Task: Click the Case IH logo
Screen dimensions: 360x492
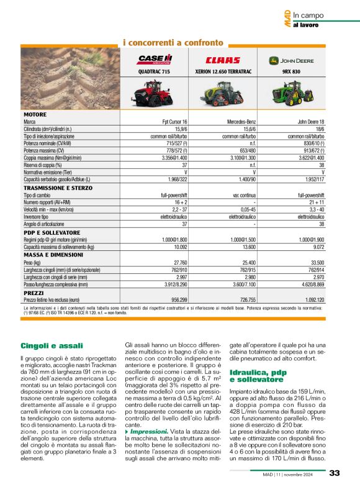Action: coord(155,60)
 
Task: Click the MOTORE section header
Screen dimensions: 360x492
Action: coord(35,115)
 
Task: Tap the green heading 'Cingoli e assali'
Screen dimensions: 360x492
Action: coord(52,345)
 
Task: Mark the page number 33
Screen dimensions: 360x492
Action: coord(335,473)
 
